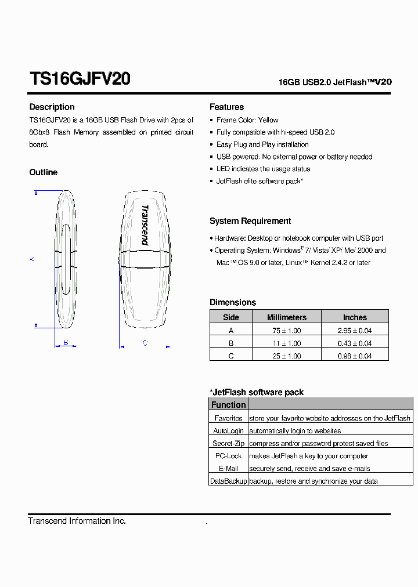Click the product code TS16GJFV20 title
[80, 79]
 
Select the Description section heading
[52, 107]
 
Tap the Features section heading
[226, 107]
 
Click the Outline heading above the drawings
[44, 172]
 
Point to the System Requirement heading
[250, 221]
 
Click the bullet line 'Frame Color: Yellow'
[247, 120]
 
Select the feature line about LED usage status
[263, 169]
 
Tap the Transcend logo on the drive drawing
[145, 224]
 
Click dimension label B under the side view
[66, 342]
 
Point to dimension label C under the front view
[145, 343]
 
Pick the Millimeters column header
[286, 317]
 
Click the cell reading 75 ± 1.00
[286, 331]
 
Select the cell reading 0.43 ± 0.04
[354, 343]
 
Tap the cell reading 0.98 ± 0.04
[354, 356]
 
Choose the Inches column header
[354, 317]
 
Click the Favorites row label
[228, 418]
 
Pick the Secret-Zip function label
[228, 443]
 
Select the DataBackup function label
[228, 481]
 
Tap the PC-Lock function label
[228, 456]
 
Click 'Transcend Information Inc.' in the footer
[77, 521]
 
